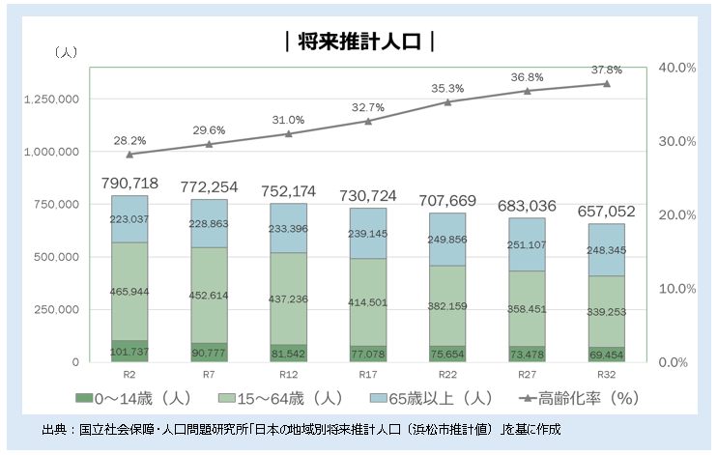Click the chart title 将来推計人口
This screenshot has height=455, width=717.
click(358, 42)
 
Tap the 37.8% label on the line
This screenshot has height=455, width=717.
click(606, 70)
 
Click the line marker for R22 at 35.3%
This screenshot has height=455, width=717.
click(447, 101)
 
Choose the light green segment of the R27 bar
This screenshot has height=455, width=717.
click(527, 309)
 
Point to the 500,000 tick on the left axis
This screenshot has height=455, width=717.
click(58, 257)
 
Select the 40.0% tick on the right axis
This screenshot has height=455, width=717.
click(676, 68)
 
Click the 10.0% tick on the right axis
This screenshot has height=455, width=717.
click(676, 288)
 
